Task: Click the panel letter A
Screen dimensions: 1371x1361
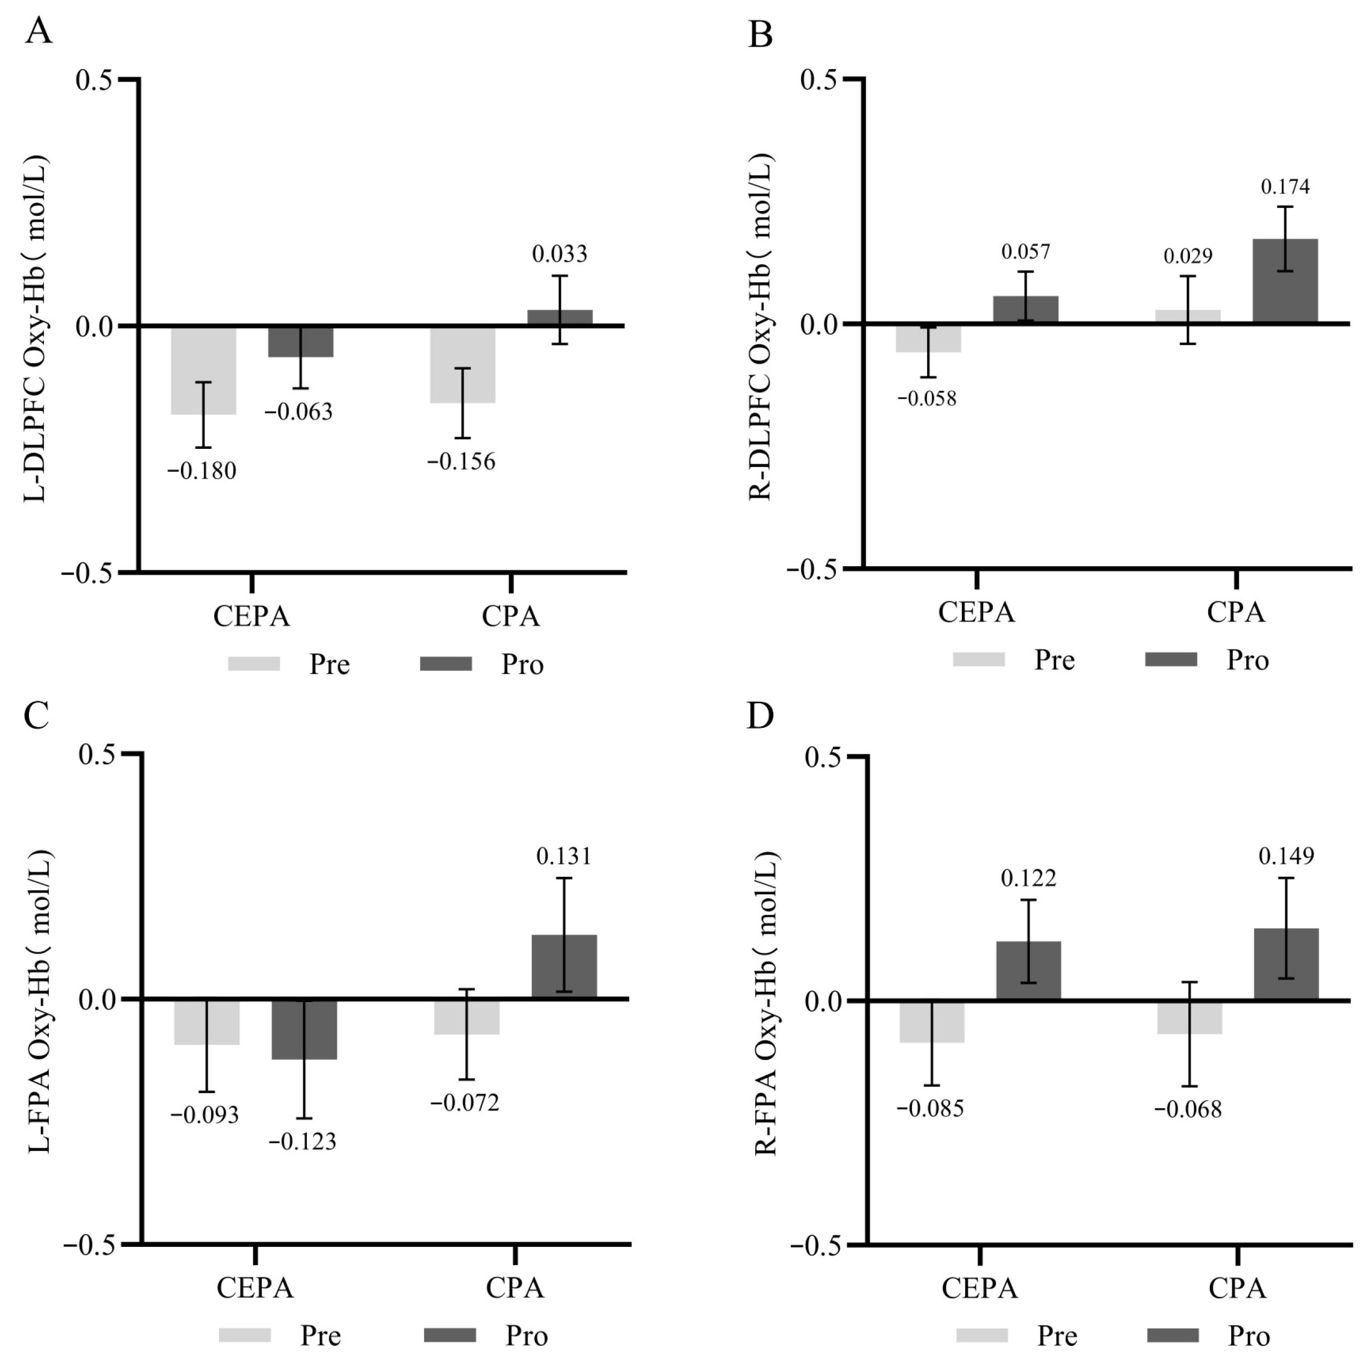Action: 39,32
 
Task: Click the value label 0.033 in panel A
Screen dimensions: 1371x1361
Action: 560,253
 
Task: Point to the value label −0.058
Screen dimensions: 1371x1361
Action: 927,398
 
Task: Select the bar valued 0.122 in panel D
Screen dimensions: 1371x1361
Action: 1028,970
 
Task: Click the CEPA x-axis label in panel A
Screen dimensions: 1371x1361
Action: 252,616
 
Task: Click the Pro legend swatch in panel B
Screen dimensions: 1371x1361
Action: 1171,659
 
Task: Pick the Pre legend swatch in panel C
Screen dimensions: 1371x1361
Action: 245,1335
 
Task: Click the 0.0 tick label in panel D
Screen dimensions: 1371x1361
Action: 823,1001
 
